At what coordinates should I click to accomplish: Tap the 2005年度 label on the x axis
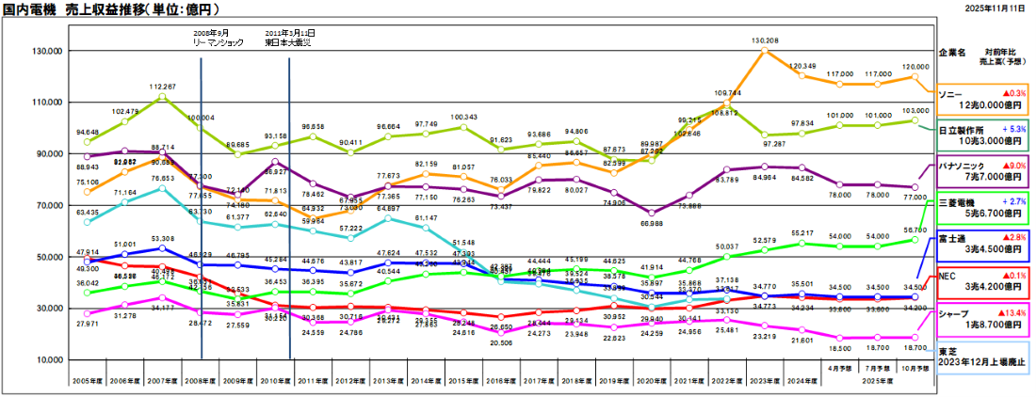point(88,382)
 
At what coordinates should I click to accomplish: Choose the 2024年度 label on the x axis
point(801,382)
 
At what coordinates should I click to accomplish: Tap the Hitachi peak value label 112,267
point(163,87)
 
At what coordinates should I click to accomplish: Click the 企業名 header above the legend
point(954,54)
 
